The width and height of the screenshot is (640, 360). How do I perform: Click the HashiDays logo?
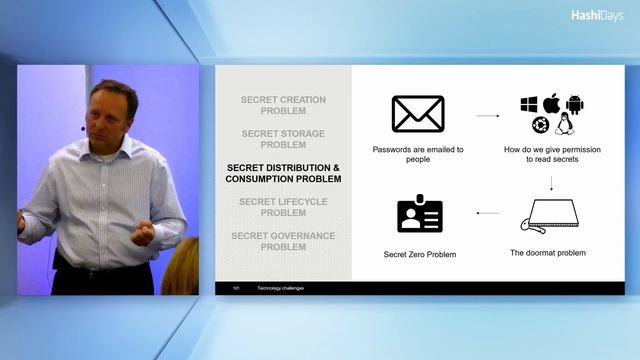pos(597,15)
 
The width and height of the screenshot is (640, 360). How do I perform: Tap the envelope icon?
pos(417,114)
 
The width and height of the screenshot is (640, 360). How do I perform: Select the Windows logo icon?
pos(529,105)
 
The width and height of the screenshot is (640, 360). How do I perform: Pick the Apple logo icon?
pos(551,104)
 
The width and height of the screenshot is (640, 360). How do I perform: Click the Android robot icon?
pos(574,105)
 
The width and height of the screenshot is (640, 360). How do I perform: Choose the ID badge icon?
pos(420,213)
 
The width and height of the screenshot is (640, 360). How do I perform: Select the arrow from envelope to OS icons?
pos(487,116)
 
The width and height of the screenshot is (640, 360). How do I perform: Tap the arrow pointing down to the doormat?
pos(551,182)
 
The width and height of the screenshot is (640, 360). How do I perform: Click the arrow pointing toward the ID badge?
pos(487,213)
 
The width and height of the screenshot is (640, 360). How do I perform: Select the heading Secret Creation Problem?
pos(284,105)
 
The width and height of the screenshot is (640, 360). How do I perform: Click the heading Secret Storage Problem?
pos(284,139)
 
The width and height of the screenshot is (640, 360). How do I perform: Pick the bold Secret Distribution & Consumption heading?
pos(284,173)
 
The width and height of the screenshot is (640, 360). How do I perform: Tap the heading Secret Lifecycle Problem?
pos(284,207)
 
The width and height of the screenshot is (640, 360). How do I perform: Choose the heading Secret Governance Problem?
pos(284,241)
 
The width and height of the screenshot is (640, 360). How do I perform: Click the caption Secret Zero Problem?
pos(420,254)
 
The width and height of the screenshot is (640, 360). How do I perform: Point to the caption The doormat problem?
pos(548,253)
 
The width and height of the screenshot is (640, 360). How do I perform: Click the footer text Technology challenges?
pos(281,288)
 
